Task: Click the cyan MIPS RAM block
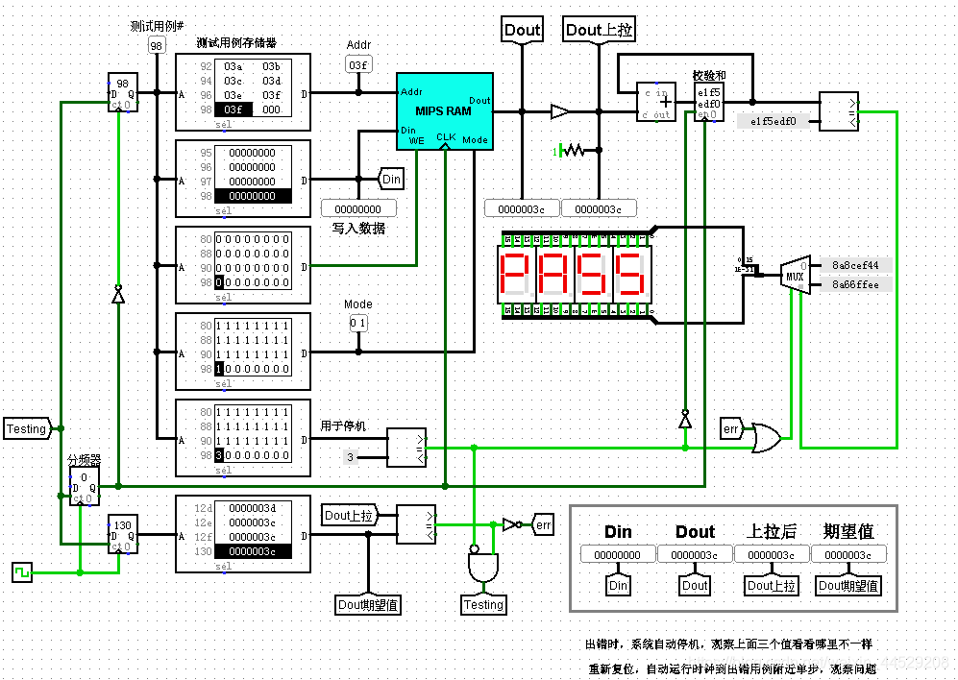tap(445, 110)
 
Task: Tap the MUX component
tap(795, 274)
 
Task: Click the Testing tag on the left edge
tap(27, 428)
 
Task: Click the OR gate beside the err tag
tap(768, 437)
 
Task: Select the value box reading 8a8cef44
tap(853, 265)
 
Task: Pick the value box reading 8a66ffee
tap(853, 284)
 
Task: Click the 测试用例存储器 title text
tap(236, 43)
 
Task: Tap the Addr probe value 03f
tap(357, 64)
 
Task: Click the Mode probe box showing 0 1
tap(357, 324)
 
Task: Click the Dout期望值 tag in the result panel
tap(848, 585)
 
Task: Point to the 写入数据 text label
tap(358, 229)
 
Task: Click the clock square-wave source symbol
tap(21, 572)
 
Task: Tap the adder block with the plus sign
tap(656, 102)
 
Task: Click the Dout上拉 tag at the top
tap(599, 30)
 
